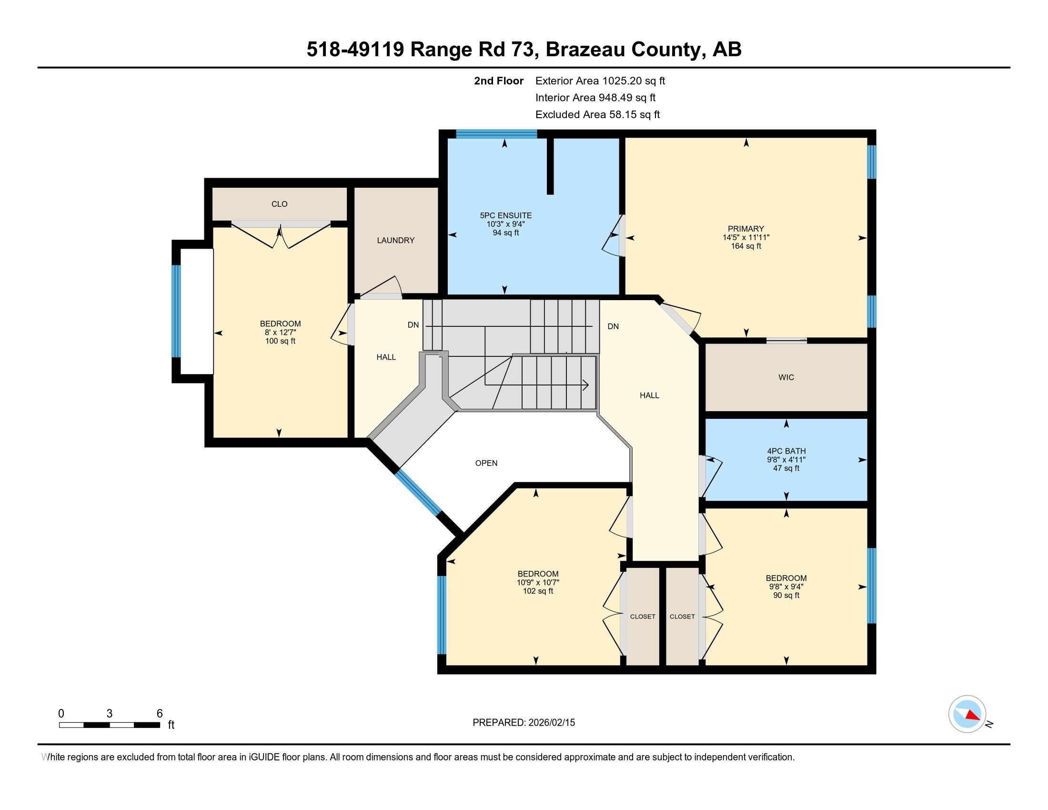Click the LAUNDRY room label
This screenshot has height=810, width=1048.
point(395,241)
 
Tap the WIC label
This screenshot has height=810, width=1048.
point(786,378)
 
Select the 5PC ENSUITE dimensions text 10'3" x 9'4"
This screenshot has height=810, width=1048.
point(505,224)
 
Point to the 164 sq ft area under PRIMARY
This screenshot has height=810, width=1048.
point(746,246)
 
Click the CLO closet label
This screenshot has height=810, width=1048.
point(279,204)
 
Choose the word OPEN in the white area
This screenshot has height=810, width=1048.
point(486,463)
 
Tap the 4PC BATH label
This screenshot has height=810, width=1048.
point(786,451)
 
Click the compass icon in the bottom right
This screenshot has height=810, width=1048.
point(967,714)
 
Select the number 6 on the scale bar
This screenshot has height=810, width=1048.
point(160,713)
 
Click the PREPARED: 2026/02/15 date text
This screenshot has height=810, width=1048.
point(524,723)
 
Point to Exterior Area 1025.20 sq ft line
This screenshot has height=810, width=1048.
point(600,81)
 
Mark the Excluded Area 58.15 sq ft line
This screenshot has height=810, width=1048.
point(597,115)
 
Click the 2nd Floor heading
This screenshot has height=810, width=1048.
point(499,81)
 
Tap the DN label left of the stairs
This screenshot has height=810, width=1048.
point(413,325)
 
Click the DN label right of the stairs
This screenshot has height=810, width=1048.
point(613,326)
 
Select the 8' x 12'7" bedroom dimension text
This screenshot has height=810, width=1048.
point(280,332)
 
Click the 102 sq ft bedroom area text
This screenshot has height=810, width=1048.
point(538,591)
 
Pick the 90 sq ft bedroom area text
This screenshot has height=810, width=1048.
point(786,596)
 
